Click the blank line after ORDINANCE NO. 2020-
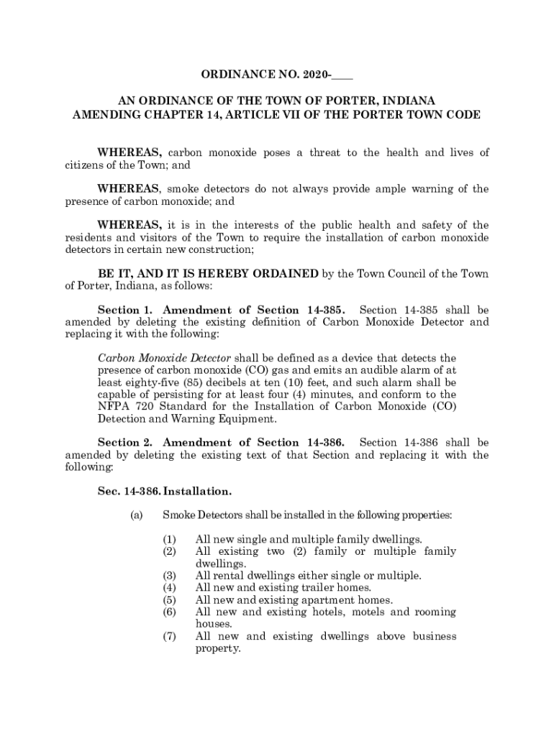(343, 74)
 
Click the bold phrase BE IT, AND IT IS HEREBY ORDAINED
(208, 273)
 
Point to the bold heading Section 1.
(127, 310)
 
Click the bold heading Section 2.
(127, 442)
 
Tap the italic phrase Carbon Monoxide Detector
(164, 358)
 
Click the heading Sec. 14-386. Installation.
(165, 492)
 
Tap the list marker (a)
(137, 515)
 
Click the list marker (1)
(169, 539)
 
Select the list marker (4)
(169, 587)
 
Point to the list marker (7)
(169, 636)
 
